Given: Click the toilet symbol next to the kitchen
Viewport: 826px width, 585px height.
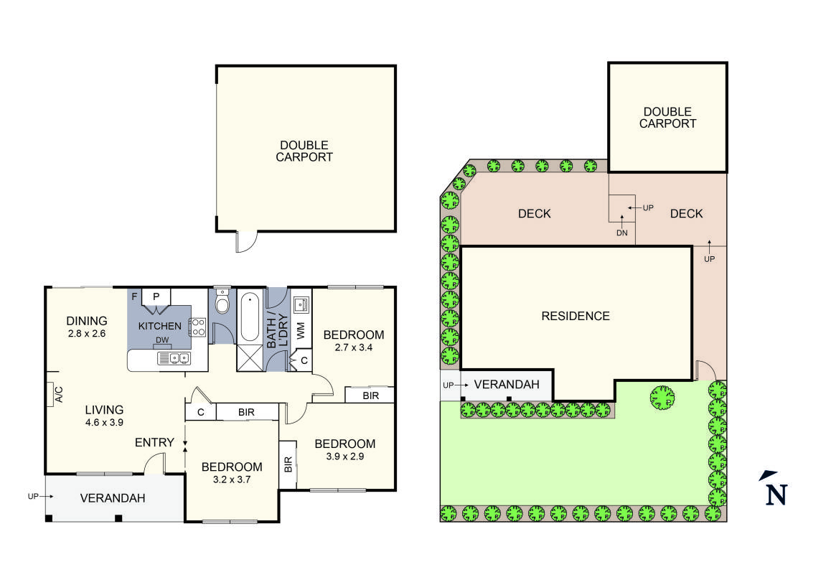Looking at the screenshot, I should point(222,304).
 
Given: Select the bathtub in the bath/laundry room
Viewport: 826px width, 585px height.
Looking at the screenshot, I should point(250,317).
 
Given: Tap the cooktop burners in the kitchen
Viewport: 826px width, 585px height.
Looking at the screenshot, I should point(197,327).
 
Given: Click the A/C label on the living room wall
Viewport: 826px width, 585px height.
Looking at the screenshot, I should point(59,394).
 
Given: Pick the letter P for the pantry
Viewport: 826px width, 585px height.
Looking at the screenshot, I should point(156,295).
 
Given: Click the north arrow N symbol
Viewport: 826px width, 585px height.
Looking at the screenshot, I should point(775,493).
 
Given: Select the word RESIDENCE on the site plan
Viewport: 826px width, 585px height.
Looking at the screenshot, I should point(575,316).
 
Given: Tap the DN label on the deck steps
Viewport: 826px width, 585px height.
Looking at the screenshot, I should point(621,233).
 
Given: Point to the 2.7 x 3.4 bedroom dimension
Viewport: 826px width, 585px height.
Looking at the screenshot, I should point(353,347).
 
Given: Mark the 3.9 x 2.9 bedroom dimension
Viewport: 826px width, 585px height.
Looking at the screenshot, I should point(344,457).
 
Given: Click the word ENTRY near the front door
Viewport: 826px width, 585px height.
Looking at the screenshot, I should point(154,442).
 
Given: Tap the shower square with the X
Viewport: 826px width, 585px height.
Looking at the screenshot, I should point(250,357).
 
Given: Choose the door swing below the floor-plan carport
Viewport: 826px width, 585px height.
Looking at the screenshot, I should point(245,243).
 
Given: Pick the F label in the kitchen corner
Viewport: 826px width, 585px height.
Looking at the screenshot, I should point(133,295).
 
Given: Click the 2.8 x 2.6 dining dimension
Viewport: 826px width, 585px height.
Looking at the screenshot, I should point(86,333).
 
